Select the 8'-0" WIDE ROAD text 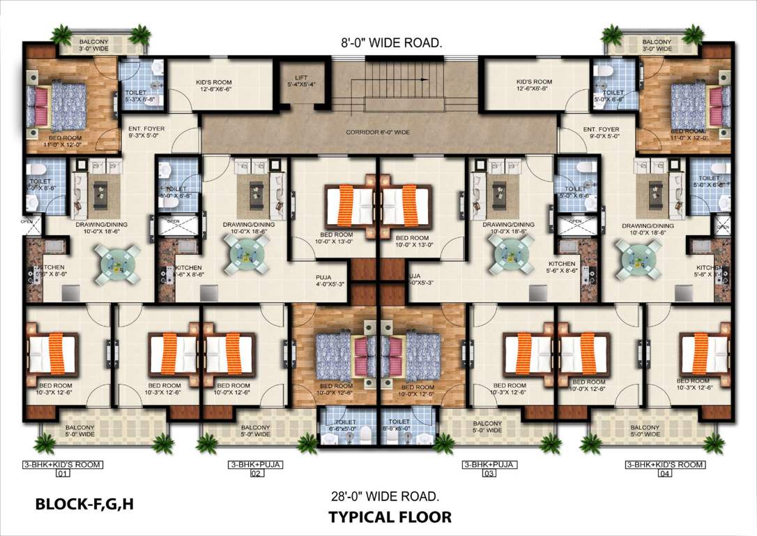coord(391,43)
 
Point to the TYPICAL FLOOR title coord(390,517)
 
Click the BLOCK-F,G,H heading coord(84,503)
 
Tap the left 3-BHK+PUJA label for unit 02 coord(255,464)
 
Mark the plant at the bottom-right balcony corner coord(713,442)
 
